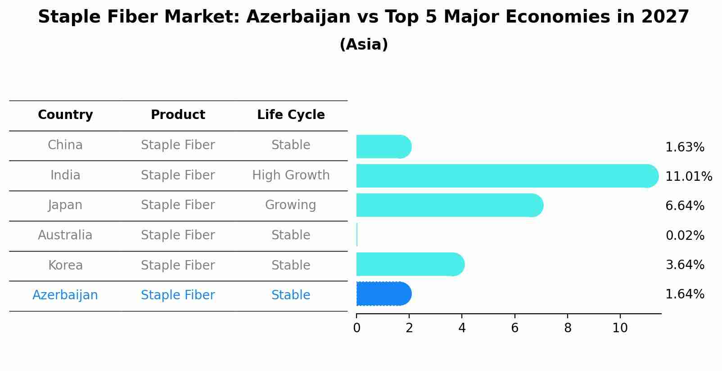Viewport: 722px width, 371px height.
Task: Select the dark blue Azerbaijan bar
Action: point(383,294)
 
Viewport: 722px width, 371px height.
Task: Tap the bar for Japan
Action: point(448,206)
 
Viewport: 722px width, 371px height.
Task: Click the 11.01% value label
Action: point(688,177)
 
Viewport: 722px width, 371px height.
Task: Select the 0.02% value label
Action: point(685,236)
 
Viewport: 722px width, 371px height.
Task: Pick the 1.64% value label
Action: point(685,294)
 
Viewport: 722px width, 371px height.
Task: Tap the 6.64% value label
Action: point(685,206)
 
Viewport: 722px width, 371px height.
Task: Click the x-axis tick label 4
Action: point(462,328)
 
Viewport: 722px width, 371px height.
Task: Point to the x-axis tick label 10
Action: point(620,328)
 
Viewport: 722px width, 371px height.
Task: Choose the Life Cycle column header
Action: point(291,115)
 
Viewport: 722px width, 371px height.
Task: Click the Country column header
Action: point(65,115)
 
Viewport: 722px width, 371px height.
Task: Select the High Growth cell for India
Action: point(291,175)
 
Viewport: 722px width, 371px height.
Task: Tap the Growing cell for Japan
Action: point(291,205)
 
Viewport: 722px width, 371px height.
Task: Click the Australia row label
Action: point(65,235)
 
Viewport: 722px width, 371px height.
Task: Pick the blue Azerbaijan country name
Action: point(65,295)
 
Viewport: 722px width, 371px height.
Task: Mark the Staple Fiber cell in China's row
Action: point(178,145)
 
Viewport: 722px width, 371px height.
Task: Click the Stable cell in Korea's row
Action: point(291,266)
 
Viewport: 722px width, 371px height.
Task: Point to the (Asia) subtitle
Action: point(364,45)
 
